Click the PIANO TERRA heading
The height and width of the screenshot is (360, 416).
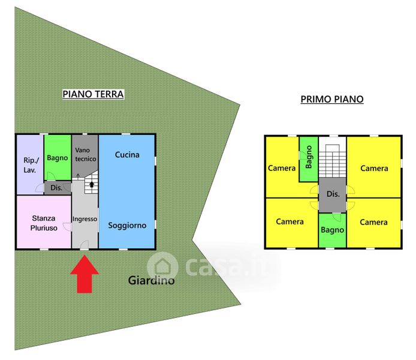pyautogui.click(x=93, y=94)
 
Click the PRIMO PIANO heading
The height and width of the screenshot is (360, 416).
pyautogui.click(x=331, y=100)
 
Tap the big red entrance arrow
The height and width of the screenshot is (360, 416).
pyautogui.click(x=85, y=275)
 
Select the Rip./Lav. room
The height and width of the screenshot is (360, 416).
pyautogui.click(x=29, y=165)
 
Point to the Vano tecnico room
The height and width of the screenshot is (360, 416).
pyautogui.click(x=85, y=154)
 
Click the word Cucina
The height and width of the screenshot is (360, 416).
pyautogui.click(x=126, y=155)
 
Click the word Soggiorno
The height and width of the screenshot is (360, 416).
pyautogui.click(x=126, y=226)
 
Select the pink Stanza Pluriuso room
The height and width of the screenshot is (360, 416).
pyautogui.click(x=43, y=223)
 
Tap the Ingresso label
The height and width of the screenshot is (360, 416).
pyautogui.click(x=85, y=219)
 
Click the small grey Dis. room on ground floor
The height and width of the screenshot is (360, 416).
pyautogui.click(x=57, y=188)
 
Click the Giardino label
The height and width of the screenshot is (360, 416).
pyautogui.click(x=151, y=280)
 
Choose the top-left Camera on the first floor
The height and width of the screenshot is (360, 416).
pyautogui.click(x=282, y=168)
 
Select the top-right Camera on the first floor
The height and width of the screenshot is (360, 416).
pyautogui.click(x=373, y=168)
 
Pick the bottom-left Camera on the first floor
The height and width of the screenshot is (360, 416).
pyautogui.click(x=290, y=222)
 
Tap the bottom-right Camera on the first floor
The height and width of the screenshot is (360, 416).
pyautogui.click(x=373, y=222)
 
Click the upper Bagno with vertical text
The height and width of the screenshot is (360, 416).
pyautogui.click(x=308, y=158)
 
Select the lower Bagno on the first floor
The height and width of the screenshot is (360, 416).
pyautogui.click(x=332, y=230)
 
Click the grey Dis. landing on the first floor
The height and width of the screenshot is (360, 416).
pyautogui.click(x=332, y=194)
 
